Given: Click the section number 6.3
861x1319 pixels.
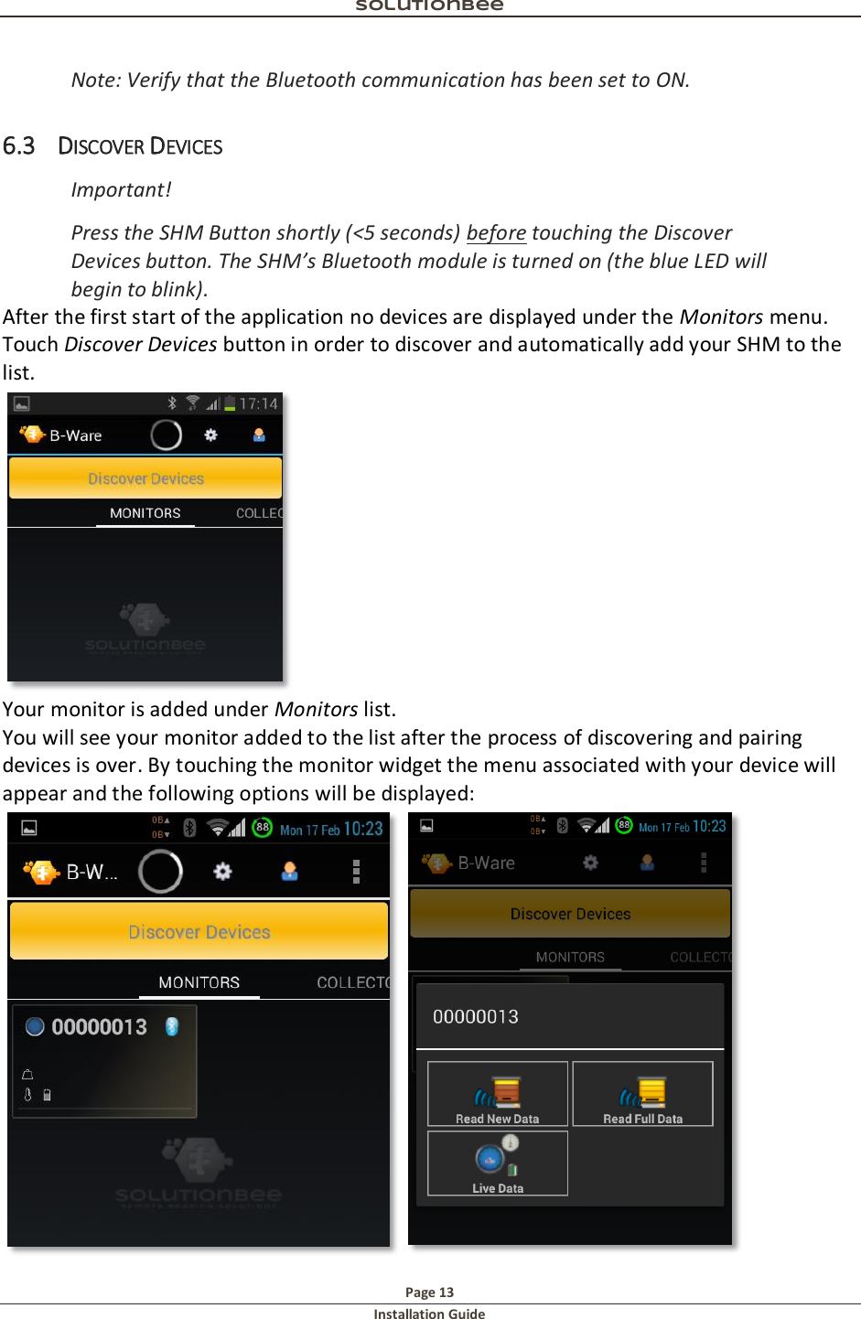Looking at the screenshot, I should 18,146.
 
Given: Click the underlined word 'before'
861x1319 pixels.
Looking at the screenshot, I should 496,233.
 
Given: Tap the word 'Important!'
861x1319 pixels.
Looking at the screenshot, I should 121,190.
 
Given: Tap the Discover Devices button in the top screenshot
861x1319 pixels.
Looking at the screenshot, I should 145,478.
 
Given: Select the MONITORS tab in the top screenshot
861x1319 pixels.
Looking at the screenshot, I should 145,513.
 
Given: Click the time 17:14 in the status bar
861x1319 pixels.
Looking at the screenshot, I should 258,403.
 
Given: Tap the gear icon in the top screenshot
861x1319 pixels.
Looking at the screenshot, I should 210,435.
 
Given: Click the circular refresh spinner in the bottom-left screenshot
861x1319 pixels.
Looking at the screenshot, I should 160,872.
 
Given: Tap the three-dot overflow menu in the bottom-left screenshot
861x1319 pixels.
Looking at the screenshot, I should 356,872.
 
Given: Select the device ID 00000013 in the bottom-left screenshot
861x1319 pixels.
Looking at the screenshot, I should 99,1027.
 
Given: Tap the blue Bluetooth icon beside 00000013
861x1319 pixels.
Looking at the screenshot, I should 171,1027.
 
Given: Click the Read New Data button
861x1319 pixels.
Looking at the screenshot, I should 498,1094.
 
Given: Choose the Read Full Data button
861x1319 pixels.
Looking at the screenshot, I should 642,1094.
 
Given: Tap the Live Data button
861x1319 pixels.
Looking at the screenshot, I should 498,1164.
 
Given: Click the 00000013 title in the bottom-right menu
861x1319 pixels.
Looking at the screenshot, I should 476,1017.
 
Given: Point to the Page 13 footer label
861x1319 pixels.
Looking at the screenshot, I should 429,1292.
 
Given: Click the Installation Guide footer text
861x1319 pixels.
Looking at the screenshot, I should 429,1314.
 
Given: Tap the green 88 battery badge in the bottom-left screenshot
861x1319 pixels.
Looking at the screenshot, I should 263,828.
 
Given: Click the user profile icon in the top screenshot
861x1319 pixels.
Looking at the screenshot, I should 259,435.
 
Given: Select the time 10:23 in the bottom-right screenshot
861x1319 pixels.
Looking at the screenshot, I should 709,826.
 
